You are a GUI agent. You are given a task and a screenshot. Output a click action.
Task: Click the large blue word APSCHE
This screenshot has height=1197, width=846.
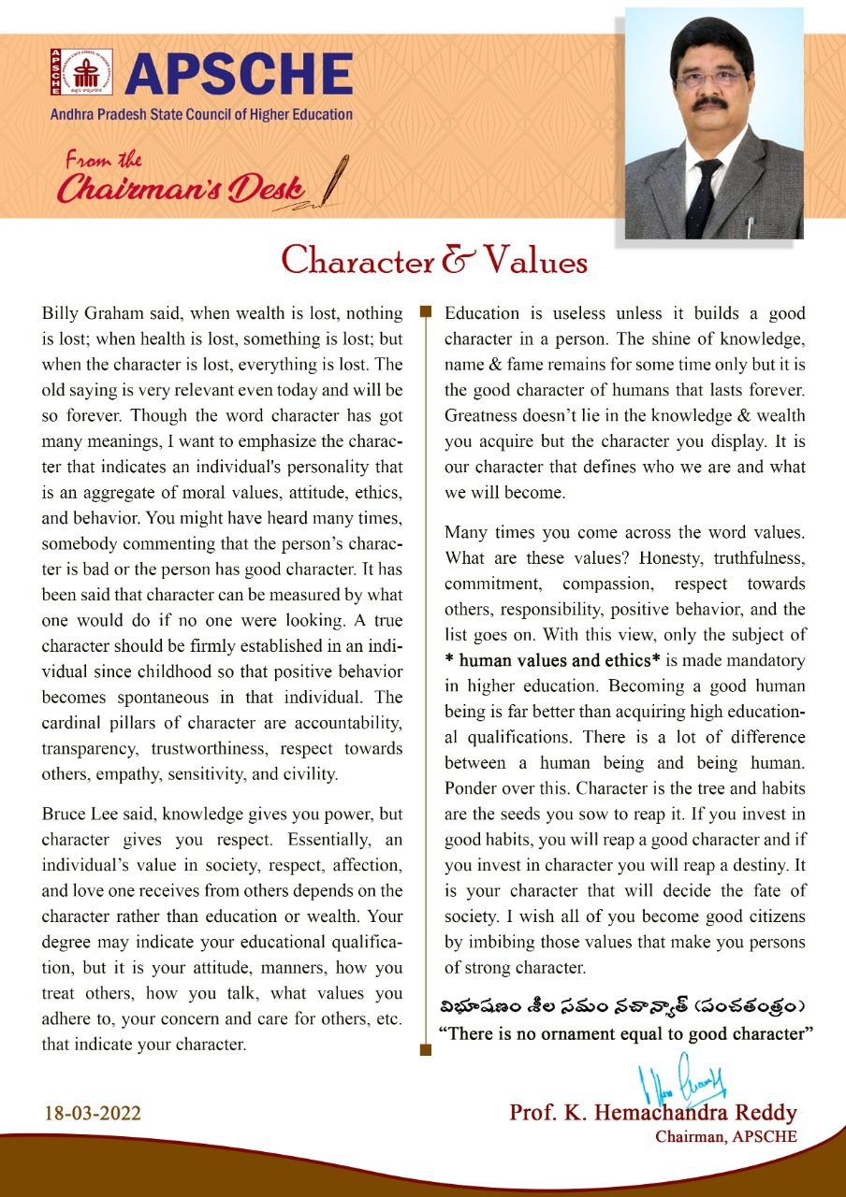(x=239, y=75)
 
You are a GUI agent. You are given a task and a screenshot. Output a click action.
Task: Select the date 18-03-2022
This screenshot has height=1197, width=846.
(x=93, y=1114)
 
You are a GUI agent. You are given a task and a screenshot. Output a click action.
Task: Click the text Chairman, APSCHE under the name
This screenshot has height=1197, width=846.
(x=726, y=1137)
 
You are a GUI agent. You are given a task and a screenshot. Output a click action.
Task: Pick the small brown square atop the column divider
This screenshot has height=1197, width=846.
(x=425, y=310)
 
